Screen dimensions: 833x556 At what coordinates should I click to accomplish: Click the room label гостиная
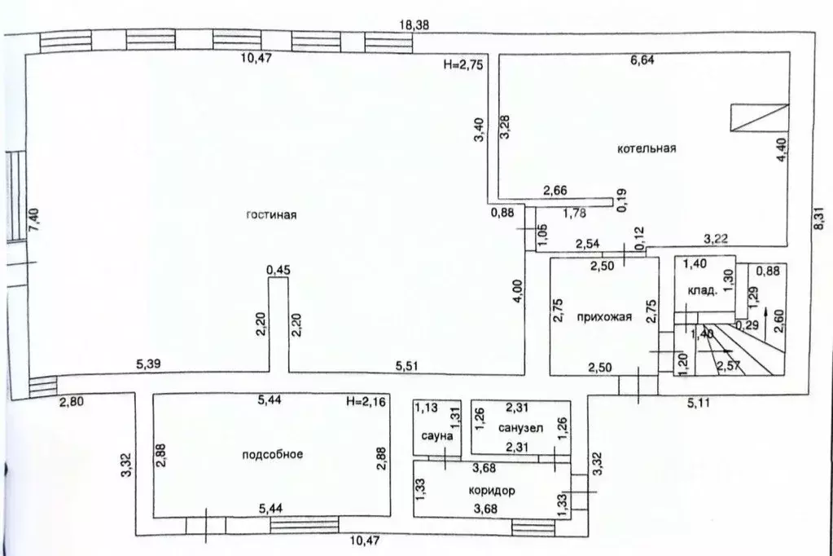271,215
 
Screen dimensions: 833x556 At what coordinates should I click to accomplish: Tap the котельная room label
647,148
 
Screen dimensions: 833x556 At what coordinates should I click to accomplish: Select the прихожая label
604,317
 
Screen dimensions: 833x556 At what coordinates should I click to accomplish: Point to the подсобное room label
273,454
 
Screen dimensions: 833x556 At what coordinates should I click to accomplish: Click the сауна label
437,436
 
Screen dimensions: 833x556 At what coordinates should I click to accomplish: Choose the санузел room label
520,428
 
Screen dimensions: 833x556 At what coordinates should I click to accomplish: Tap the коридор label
491,491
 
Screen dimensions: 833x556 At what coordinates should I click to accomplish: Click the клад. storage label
703,291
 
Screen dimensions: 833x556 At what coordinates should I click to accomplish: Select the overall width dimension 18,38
415,24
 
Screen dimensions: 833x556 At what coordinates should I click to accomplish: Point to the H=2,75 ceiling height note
463,65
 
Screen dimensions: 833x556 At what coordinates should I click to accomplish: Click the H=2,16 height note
366,401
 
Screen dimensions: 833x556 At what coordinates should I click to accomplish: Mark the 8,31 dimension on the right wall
820,218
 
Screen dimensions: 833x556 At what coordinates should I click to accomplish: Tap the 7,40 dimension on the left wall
34,220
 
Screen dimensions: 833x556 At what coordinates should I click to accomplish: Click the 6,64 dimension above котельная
642,60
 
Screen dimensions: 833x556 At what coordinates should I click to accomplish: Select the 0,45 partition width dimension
278,271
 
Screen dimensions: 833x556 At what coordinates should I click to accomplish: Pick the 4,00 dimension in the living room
518,292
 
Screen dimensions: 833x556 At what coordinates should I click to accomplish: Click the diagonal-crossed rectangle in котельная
759,117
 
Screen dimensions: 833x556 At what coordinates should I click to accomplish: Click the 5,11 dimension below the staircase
699,403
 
